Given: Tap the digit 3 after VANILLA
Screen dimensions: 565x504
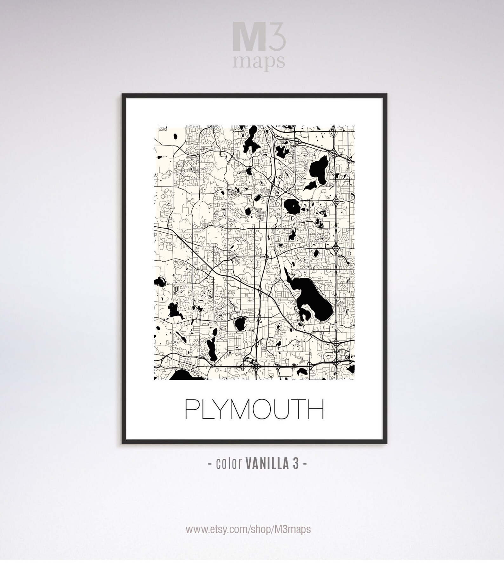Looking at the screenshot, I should [296, 464].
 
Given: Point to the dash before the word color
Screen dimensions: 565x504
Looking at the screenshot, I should [210, 464].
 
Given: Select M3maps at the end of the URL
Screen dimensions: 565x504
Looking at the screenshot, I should [292, 529].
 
